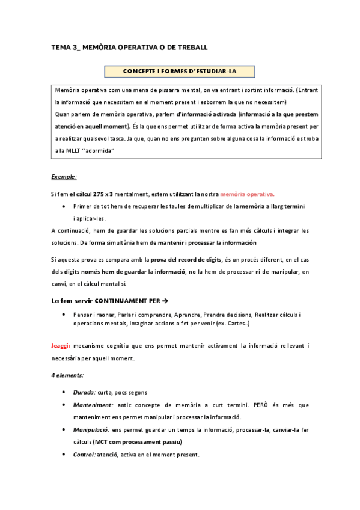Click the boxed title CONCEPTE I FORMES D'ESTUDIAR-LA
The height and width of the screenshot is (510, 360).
pos(179,72)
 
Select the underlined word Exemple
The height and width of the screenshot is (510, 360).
pos(63,177)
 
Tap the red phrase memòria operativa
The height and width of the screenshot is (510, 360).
pos(248,194)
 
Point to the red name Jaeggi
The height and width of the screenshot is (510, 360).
pos(61,346)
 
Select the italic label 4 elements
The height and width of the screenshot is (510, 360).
pos(67,375)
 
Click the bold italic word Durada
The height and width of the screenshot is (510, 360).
pos(84,392)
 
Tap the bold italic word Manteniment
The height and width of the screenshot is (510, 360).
pos(93,405)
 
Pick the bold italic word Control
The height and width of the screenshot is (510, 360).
pos(85,455)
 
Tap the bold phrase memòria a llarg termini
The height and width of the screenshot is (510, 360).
pos(272,206)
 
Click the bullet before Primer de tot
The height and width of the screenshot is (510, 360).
pos(64,207)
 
